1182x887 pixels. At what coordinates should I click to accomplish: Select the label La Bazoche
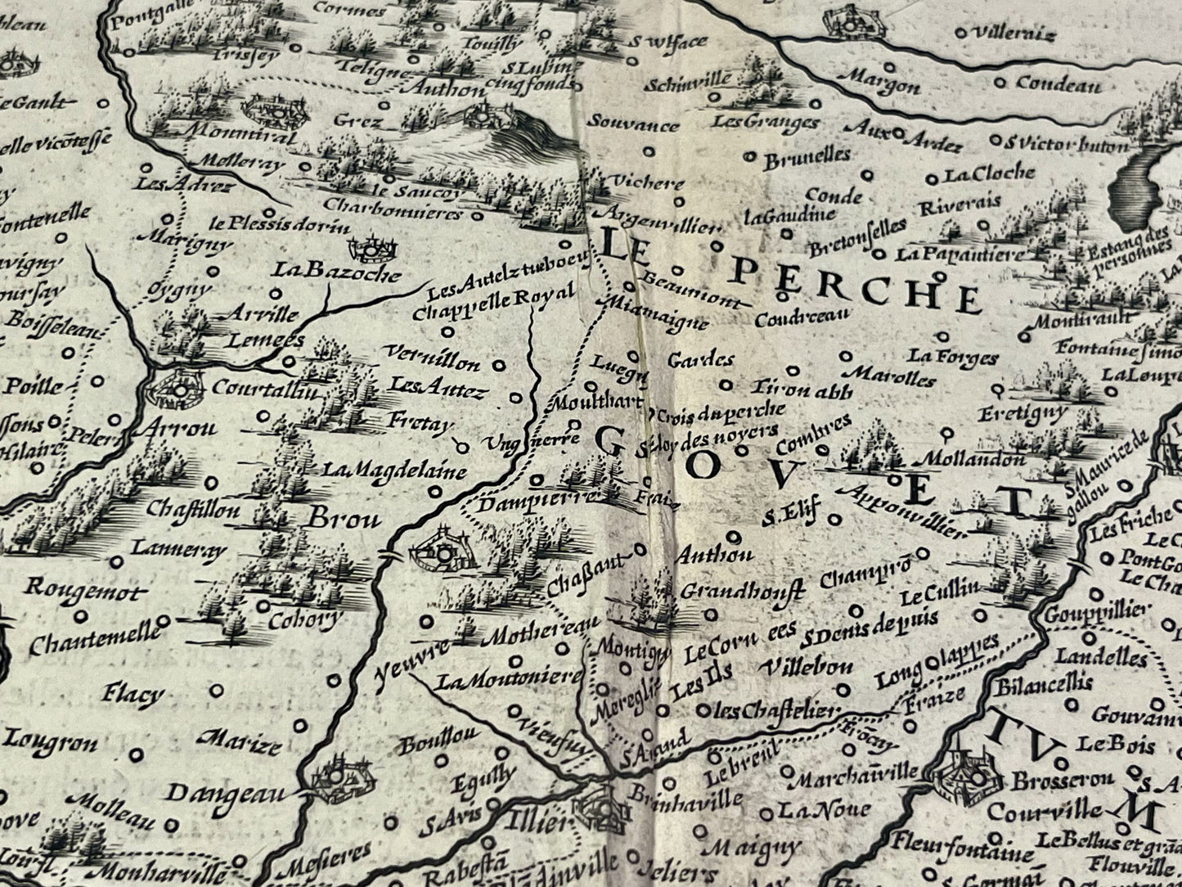pos(338,272)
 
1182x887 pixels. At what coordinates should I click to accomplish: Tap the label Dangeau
pos(226,792)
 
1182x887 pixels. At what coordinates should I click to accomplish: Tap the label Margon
pos(880,86)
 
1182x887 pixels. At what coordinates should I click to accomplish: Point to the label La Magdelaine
pos(394,471)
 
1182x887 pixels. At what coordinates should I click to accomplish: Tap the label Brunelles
pos(807,157)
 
